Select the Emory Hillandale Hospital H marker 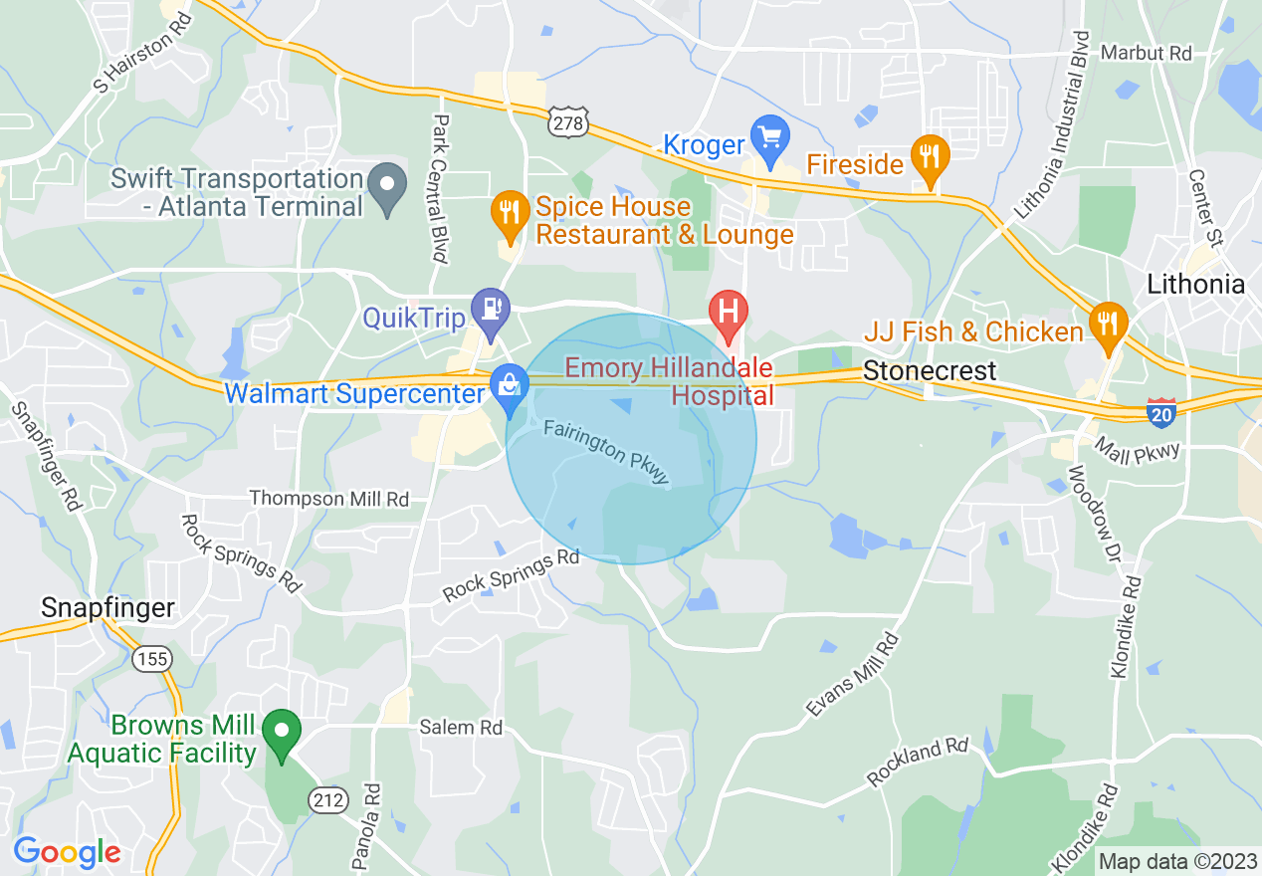point(729,310)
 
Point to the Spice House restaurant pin point(510,212)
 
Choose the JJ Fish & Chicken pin point(1106,323)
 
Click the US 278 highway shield point(568,121)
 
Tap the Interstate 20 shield point(1160,412)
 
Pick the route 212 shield point(329,798)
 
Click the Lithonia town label point(1195,285)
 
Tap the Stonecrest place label point(929,371)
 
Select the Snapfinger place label point(107,607)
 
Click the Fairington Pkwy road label point(607,454)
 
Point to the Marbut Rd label point(1146,53)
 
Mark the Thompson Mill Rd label point(328,498)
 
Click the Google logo point(67,852)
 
